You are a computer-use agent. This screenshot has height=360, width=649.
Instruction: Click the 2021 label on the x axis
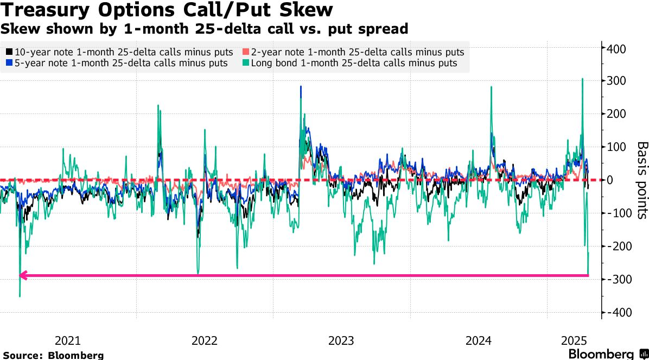(x=68, y=341)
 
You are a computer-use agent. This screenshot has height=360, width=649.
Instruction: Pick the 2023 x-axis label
(x=341, y=341)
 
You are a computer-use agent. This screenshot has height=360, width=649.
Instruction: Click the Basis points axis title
(x=642, y=180)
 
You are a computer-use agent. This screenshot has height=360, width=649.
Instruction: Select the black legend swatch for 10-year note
(x=9, y=52)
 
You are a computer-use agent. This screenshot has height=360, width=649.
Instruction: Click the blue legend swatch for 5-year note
(x=9, y=63)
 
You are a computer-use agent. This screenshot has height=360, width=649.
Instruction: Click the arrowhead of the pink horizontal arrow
(x=22, y=276)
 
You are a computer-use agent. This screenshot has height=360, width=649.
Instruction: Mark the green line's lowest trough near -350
(x=20, y=296)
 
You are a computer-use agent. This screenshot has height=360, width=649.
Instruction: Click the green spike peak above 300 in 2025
(x=582, y=79)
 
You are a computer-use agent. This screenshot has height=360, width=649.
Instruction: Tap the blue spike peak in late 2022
(x=301, y=86)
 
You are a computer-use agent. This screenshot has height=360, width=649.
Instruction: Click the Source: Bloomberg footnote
(x=53, y=355)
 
